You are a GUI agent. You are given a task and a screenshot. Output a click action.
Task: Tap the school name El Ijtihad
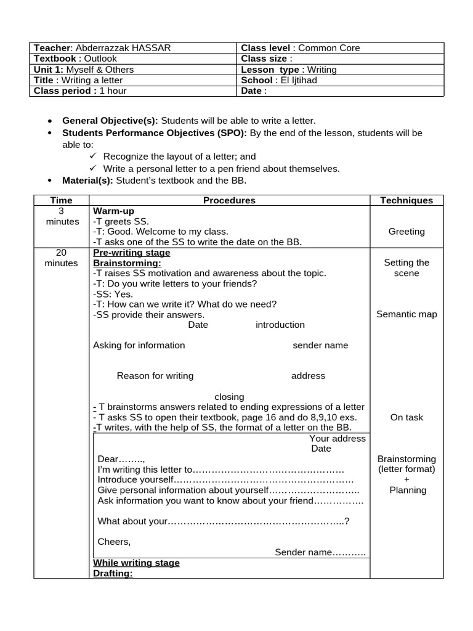(299, 80)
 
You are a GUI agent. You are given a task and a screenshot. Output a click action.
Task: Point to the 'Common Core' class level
(329, 48)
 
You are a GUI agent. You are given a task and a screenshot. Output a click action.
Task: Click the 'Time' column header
(61, 200)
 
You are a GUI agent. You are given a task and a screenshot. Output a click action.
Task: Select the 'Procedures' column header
(229, 200)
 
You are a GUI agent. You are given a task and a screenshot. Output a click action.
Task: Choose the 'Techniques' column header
(406, 200)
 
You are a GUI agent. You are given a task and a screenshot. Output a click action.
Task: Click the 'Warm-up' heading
(113, 211)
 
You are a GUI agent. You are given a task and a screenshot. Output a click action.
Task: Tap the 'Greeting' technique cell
(406, 232)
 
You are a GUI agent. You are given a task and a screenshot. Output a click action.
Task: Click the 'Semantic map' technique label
(406, 314)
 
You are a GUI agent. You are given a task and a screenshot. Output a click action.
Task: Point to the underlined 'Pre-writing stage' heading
(131, 253)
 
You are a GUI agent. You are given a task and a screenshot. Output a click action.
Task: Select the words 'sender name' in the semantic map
(320, 345)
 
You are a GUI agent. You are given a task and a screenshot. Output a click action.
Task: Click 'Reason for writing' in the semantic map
(155, 376)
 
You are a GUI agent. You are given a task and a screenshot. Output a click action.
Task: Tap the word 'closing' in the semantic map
(229, 397)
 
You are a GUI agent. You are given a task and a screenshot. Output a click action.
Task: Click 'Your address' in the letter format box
(337, 439)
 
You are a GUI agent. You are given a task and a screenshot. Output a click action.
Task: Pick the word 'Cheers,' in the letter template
(115, 542)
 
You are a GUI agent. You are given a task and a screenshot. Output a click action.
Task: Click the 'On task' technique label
(406, 417)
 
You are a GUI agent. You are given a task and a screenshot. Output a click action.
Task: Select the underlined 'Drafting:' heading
(113, 573)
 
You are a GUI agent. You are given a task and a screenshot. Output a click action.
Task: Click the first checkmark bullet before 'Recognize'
(94, 157)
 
